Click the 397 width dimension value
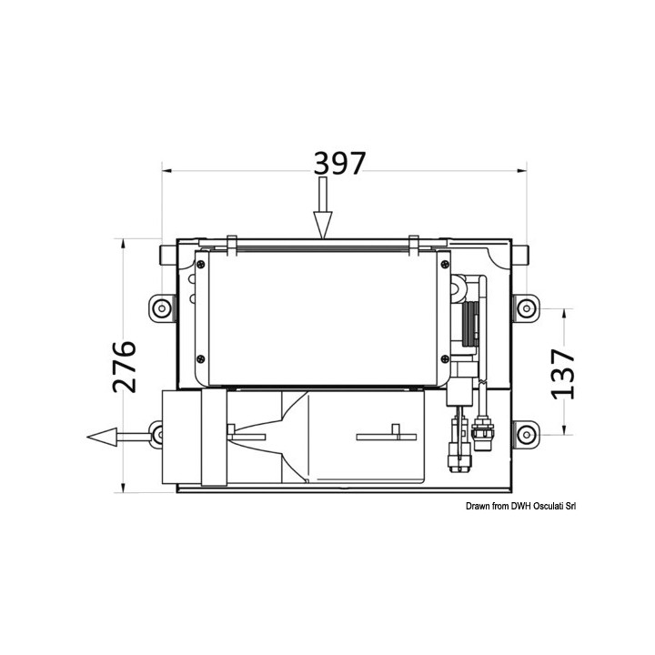point(339,163)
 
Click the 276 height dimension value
point(125,367)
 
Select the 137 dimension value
point(563,374)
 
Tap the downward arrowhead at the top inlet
point(322,225)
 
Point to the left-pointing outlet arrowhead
point(102,437)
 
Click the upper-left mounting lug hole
point(160,308)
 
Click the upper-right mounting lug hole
point(527,308)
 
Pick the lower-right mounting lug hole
point(527,435)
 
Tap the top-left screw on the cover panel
point(201,264)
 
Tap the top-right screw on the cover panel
point(445,264)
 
